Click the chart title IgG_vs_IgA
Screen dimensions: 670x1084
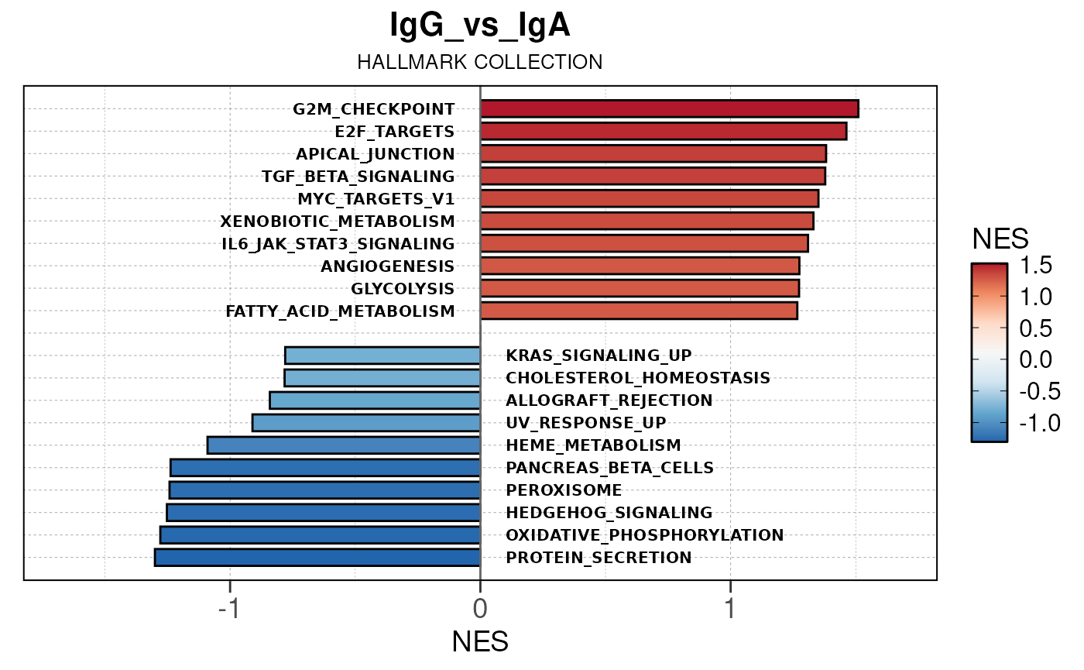pyautogui.click(x=480, y=26)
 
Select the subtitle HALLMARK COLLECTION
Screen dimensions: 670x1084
pyautogui.click(x=480, y=62)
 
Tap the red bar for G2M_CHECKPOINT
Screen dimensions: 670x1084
pyautogui.click(x=669, y=109)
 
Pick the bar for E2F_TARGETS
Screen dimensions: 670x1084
pyautogui.click(x=664, y=131)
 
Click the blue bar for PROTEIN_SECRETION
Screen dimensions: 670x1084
pyautogui.click(x=317, y=557)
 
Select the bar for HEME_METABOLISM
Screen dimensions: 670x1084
pyautogui.click(x=344, y=445)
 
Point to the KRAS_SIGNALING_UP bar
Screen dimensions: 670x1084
pyautogui.click(x=382, y=356)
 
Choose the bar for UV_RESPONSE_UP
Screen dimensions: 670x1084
pyautogui.click(x=366, y=423)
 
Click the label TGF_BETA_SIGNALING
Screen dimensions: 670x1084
pyautogui.click(x=358, y=176)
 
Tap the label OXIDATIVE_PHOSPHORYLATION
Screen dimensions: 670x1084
pyautogui.click(x=644, y=535)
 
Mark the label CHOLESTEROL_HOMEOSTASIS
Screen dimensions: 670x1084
pyautogui.click(x=638, y=378)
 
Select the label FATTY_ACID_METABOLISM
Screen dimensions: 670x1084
pyautogui.click(x=340, y=311)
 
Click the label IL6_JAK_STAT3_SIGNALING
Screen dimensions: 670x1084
pyautogui.click(x=338, y=244)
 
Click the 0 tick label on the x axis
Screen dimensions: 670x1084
pyautogui.click(x=480, y=607)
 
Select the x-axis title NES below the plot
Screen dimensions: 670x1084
pyautogui.click(x=480, y=641)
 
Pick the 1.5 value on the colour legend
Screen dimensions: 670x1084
pyautogui.click(x=1034, y=266)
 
